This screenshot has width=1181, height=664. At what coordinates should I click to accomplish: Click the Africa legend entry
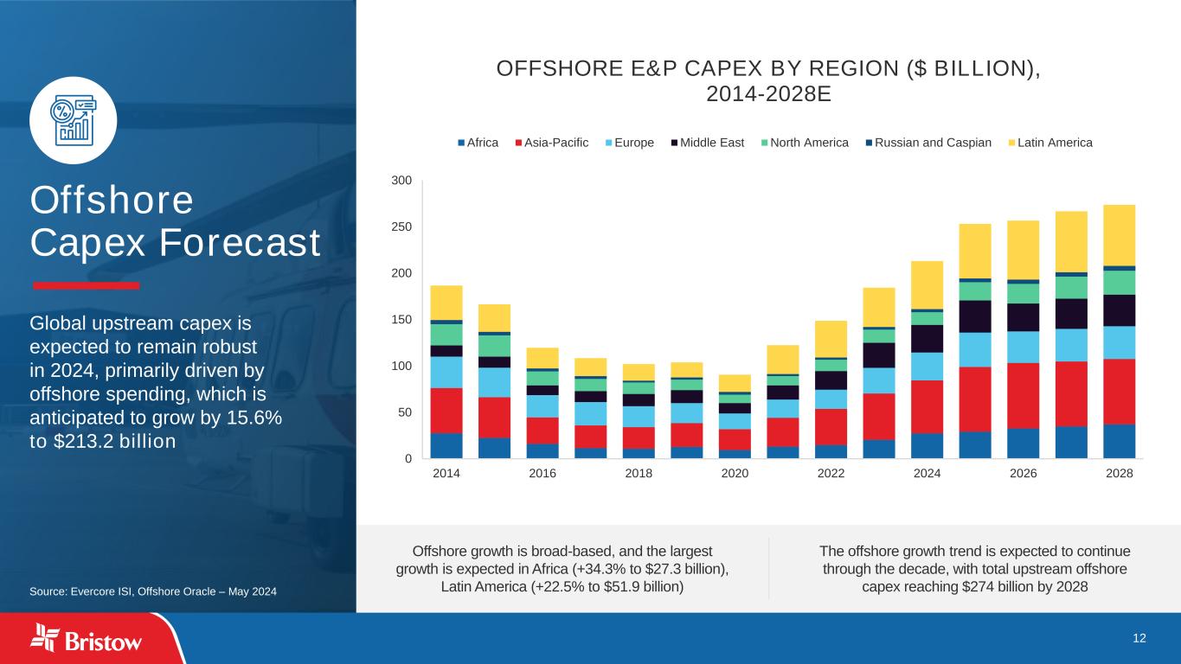(478, 143)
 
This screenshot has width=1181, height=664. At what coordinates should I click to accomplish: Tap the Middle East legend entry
(707, 143)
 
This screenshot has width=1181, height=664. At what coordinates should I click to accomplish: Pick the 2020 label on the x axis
(735, 475)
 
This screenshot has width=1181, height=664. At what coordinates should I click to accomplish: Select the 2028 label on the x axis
(1119, 475)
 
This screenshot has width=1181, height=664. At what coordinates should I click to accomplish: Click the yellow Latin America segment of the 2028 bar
(1119, 234)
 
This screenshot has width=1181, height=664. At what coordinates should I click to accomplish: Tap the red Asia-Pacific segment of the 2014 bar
(446, 410)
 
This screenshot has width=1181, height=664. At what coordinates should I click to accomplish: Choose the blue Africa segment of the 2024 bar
(927, 445)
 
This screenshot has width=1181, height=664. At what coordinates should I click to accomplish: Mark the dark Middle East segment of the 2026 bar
(1023, 317)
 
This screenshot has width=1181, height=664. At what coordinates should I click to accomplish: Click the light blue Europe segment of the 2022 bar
(831, 399)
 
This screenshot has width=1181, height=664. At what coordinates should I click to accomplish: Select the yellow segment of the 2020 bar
(735, 383)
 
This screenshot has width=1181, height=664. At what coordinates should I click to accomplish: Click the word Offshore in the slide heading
(112, 201)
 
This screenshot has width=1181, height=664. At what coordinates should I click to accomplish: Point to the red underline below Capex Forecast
(86, 285)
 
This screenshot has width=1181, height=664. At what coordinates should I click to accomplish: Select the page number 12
(1139, 638)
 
